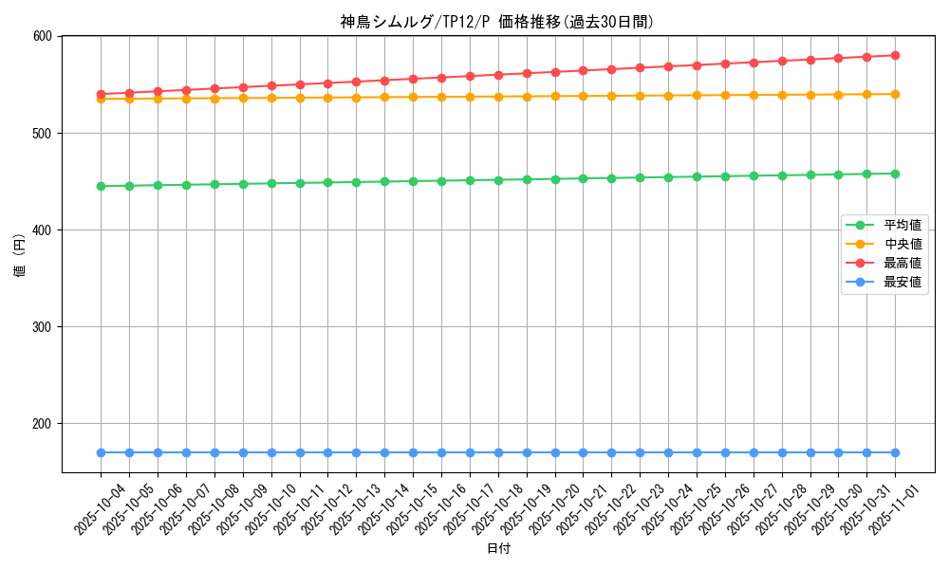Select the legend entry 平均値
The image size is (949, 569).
[x=902, y=225]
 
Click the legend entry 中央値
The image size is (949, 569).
[x=902, y=244]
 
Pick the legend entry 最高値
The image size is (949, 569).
[x=902, y=263]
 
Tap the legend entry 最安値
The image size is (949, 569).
[x=902, y=282]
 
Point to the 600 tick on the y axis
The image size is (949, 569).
[x=44, y=37]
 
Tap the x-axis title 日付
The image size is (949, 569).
[x=498, y=549]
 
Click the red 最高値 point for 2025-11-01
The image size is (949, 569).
[x=895, y=55]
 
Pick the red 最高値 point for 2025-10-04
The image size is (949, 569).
[x=101, y=94]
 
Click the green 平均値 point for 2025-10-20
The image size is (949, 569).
[x=555, y=178]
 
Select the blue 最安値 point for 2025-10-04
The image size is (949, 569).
[x=101, y=452]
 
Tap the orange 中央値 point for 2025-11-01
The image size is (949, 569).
[x=895, y=94]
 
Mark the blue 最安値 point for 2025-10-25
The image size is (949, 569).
[x=697, y=452]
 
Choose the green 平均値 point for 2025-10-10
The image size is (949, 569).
[x=271, y=183]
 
